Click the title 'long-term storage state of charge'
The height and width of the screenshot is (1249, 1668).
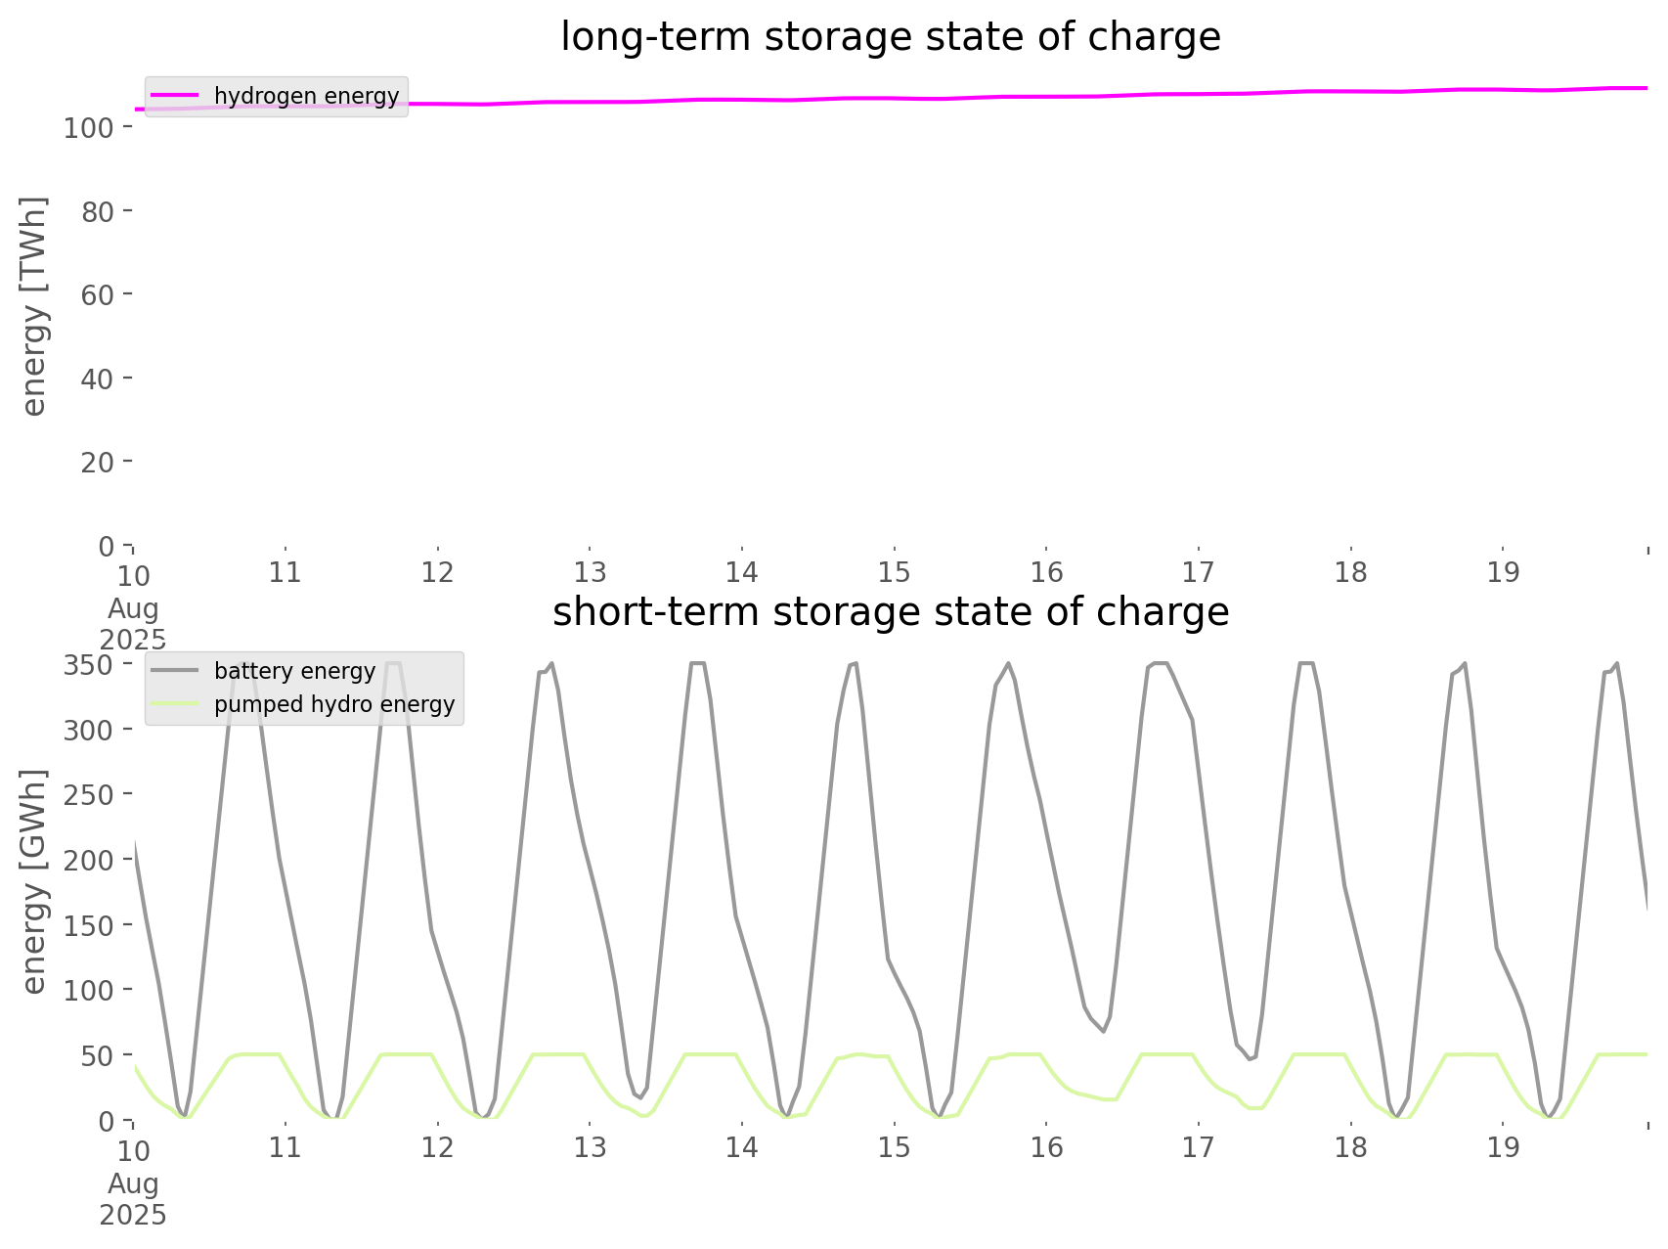coord(890,37)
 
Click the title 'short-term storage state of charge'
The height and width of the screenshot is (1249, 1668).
coord(890,612)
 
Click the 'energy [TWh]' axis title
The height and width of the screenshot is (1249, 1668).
coord(34,306)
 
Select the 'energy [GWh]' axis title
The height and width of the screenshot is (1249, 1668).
coord(34,881)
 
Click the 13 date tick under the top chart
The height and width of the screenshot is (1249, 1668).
coord(590,572)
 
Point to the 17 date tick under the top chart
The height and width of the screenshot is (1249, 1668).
coord(1199,572)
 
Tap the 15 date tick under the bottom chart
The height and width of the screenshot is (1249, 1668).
coord(894,1147)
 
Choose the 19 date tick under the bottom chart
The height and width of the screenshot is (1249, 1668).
coord(1503,1147)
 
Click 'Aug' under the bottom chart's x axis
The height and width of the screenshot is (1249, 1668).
coord(133,1183)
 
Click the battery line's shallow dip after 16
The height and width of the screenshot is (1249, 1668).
coord(1103,1031)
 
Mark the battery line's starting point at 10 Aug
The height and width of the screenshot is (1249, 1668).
coord(135,841)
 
